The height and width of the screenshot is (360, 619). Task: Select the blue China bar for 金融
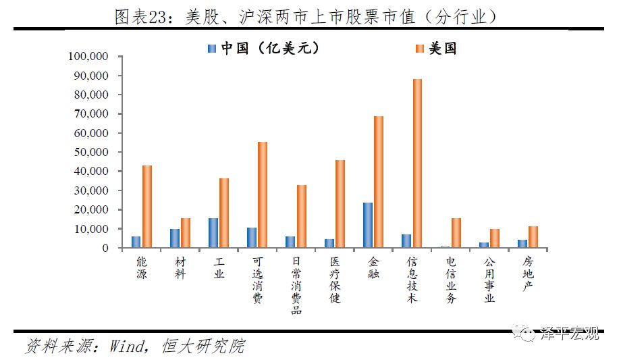click(367, 225)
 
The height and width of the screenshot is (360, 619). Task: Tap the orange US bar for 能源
click(146, 207)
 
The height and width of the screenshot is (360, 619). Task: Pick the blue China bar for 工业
click(213, 233)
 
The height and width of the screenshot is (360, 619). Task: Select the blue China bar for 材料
click(174, 238)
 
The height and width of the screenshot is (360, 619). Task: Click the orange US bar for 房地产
click(533, 237)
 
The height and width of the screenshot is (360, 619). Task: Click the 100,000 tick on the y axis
click(91, 57)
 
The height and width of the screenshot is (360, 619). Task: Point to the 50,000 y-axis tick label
click(94, 153)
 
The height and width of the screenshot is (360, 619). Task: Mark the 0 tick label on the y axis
click(105, 249)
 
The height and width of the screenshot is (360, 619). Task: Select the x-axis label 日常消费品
click(296, 284)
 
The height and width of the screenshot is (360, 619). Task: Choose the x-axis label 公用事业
click(489, 278)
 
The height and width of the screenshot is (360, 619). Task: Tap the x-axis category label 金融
click(373, 267)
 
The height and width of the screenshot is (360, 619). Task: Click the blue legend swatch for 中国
click(211, 49)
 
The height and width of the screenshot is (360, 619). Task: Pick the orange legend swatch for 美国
click(419, 49)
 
